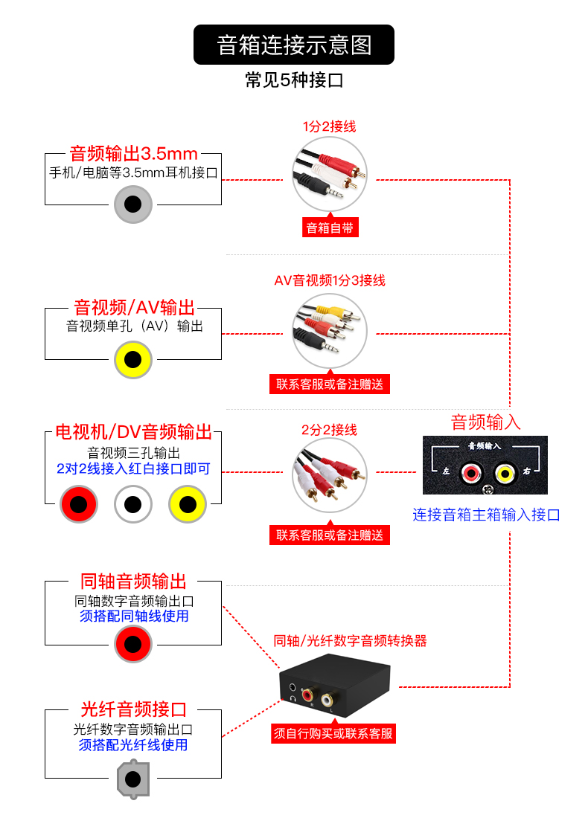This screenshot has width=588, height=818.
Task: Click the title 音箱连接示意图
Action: (294, 45)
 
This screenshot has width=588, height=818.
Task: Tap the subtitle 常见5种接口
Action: (294, 80)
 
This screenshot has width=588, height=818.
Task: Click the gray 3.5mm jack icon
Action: (133, 204)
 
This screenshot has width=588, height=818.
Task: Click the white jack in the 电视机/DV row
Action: (133, 505)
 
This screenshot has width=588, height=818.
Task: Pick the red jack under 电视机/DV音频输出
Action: (79, 505)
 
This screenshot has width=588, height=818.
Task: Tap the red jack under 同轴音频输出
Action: (133, 644)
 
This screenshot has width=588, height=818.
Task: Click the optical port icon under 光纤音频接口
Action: (133, 779)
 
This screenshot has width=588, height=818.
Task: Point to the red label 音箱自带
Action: (330, 228)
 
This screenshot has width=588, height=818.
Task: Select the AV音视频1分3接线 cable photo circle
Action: (330, 332)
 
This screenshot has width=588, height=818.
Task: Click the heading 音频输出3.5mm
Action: (134, 154)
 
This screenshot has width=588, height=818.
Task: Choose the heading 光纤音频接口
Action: (134, 709)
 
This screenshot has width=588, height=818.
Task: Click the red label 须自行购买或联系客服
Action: (333, 734)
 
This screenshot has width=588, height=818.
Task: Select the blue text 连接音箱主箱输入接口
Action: (486, 515)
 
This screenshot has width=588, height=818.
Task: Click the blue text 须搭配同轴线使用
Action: (134, 616)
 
